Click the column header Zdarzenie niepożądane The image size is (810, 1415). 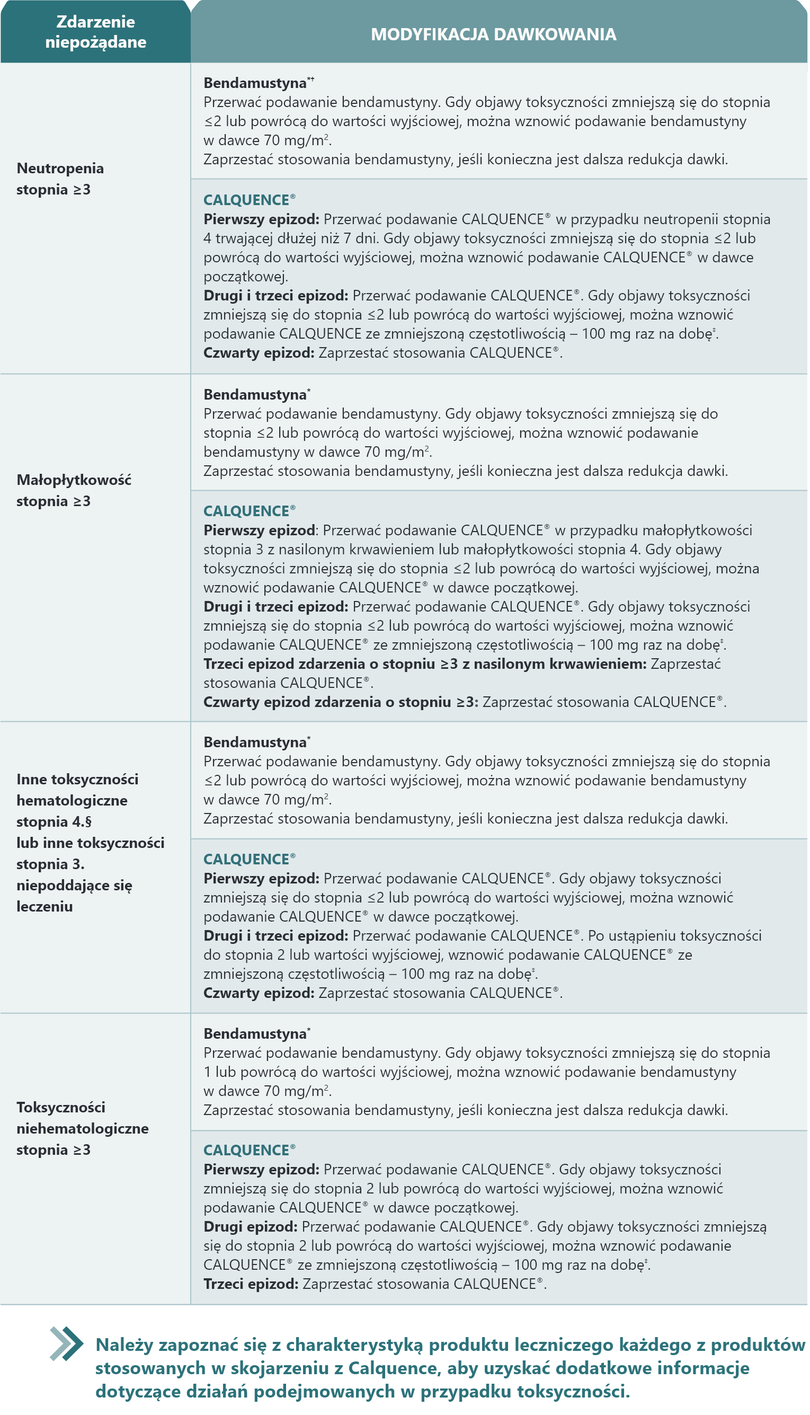click(x=96, y=32)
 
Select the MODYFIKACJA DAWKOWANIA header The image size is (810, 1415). click(x=493, y=34)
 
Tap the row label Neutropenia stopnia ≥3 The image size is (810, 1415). click(x=60, y=179)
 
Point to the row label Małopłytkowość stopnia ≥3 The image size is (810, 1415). click(x=74, y=490)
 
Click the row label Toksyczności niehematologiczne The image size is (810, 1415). click(x=82, y=1128)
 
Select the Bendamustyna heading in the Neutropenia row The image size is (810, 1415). click(x=255, y=83)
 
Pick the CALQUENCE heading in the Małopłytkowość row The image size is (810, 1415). click(x=246, y=511)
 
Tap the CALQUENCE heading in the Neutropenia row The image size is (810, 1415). click(x=246, y=200)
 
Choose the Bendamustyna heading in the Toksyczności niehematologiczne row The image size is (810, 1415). click(x=255, y=1034)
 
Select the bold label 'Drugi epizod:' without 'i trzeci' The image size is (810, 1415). click(x=251, y=1227)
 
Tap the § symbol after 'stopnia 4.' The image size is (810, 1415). click(x=88, y=822)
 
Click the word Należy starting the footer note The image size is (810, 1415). click(x=123, y=1345)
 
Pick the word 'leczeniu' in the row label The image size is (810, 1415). click(x=44, y=906)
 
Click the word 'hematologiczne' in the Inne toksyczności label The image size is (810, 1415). click(x=72, y=801)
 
